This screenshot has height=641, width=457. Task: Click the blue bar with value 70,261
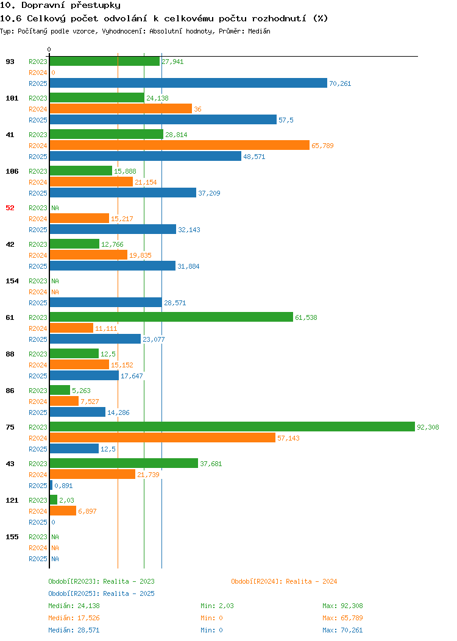tap(188, 83)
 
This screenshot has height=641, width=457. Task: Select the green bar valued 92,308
tap(232, 427)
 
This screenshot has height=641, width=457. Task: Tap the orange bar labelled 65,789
tap(180, 145)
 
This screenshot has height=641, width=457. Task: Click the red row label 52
tap(10, 208)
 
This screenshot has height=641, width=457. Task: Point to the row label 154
tap(12, 281)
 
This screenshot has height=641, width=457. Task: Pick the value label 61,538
tap(306, 317)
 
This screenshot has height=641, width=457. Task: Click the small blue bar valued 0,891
tap(51, 485)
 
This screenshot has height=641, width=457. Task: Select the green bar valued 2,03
tap(54, 500)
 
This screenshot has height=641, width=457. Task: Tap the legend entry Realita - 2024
tap(284, 581)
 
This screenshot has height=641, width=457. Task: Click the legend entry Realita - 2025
tap(101, 593)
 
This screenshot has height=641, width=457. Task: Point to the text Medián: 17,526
tap(74, 618)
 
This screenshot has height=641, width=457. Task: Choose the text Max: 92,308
tap(342, 606)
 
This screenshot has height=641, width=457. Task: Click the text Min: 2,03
tap(217, 606)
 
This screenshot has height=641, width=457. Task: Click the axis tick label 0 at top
tap(49, 49)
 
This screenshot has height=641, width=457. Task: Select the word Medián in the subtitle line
tap(259, 31)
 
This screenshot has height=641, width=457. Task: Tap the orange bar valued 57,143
tap(163, 438)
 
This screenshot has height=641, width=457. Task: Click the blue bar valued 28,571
tap(106, 302)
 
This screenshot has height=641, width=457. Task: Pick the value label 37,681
tap(211, 464)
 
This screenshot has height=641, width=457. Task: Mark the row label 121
tap(12, 500)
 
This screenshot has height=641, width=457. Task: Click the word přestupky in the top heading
tap(96, 5)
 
